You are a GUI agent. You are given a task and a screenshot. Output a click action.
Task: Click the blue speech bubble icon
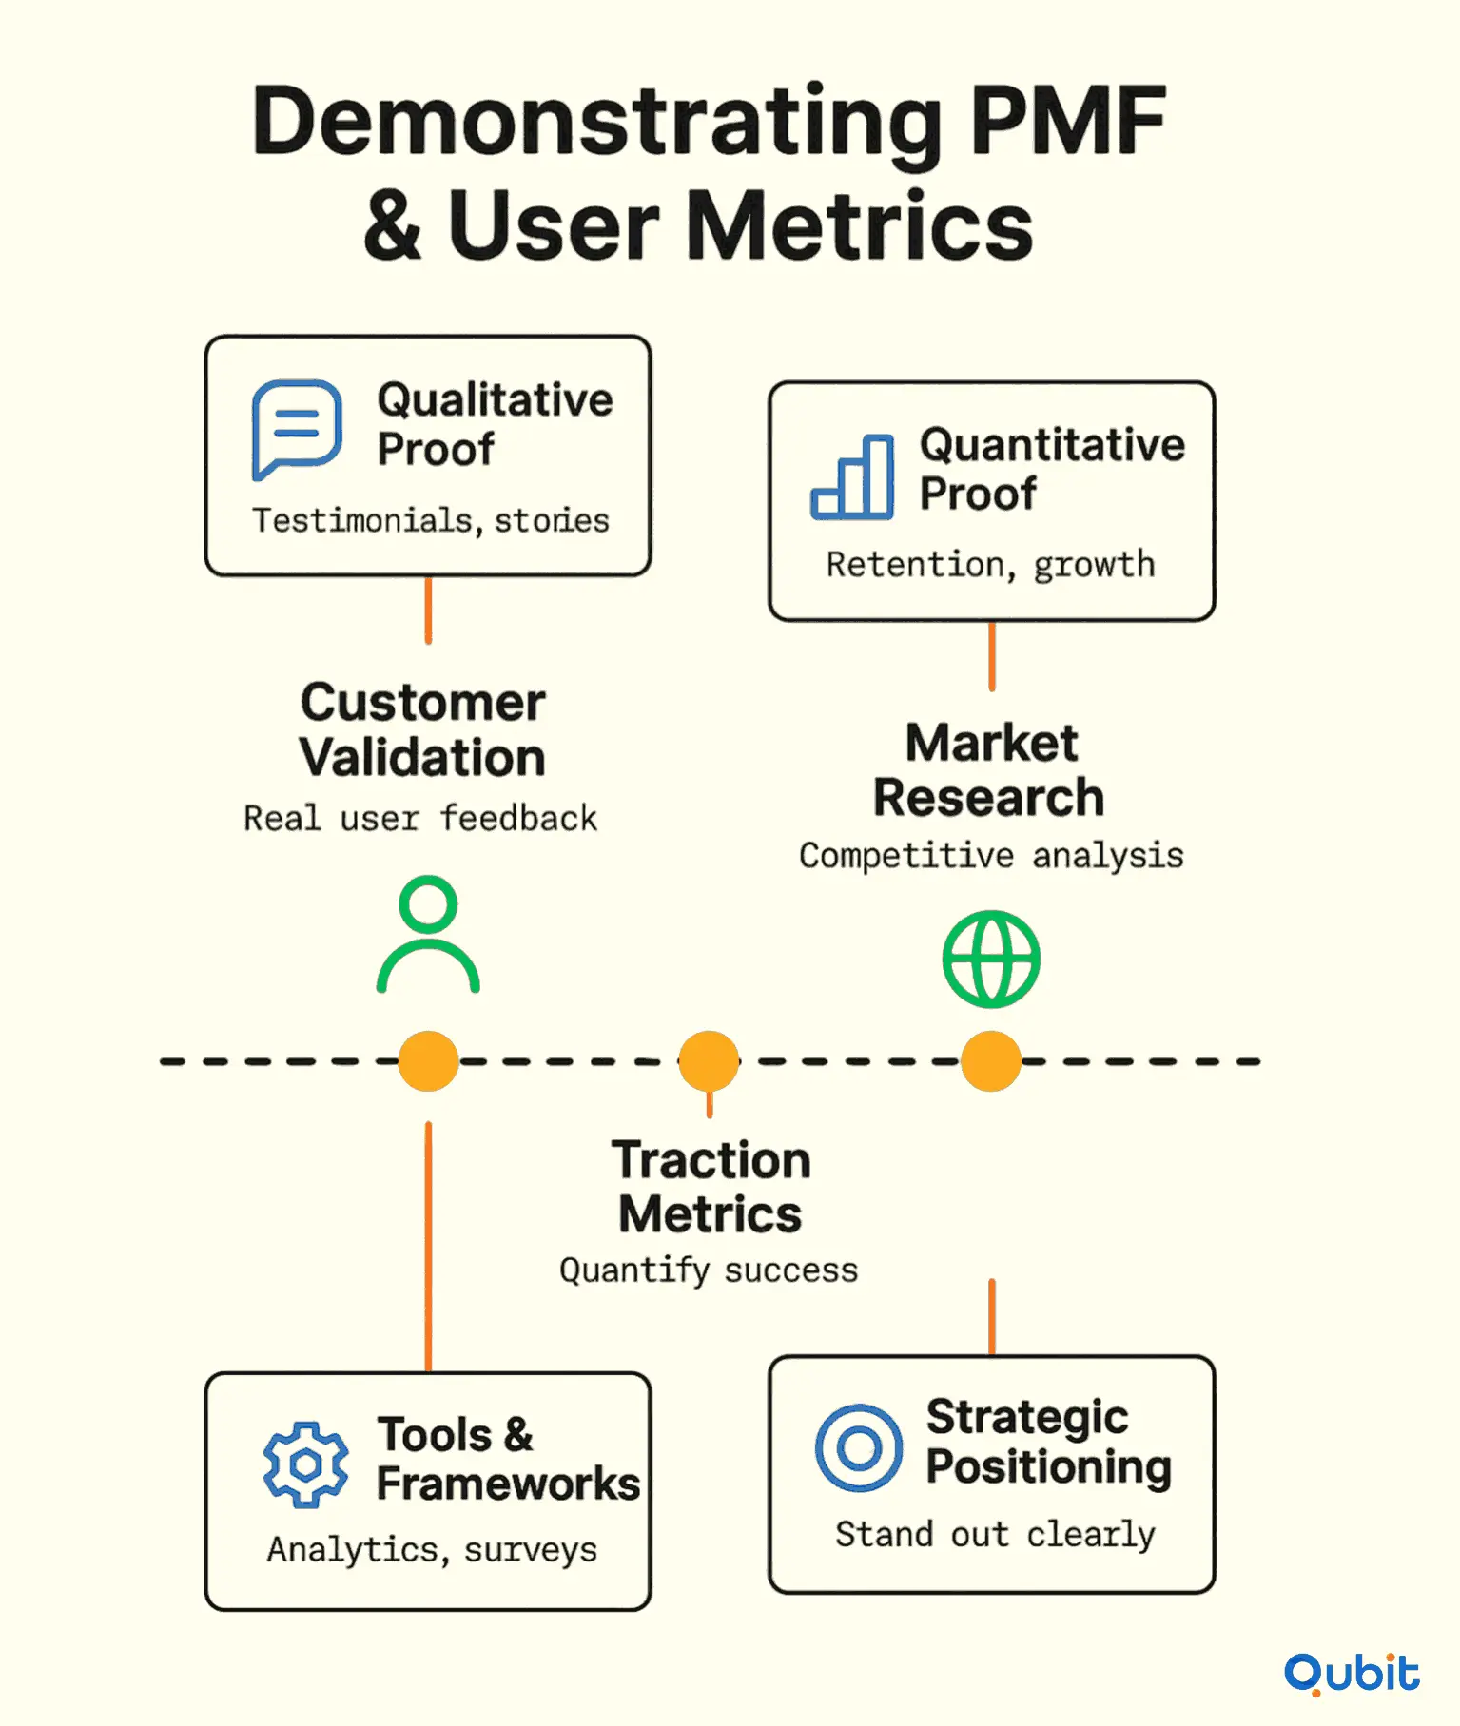(295, 427)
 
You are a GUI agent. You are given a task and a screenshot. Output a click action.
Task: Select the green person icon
(428, 934)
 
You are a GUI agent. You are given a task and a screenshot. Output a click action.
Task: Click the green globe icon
(991, 959)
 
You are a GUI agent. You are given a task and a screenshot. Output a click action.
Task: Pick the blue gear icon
(305, 1464)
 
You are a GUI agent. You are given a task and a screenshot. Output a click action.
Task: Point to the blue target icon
(859, 1447)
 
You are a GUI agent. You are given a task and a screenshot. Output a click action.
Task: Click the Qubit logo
(1352, 1674)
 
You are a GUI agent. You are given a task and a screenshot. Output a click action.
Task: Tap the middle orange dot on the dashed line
(709, 1060)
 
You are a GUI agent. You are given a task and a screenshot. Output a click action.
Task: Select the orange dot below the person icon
(428, 1060)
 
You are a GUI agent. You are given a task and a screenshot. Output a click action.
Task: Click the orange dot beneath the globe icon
(991, 1060)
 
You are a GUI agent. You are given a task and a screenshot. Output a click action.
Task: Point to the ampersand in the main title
(393, 225)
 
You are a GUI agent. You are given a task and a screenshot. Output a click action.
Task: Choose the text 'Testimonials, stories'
(431, 520)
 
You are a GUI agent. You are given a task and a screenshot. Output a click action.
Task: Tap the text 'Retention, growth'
(991, 565)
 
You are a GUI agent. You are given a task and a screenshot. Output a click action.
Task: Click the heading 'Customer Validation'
(423, 729)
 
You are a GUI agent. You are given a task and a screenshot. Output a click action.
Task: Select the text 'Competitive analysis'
(991, 856)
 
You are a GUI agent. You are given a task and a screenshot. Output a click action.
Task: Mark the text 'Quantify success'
(709, 1270)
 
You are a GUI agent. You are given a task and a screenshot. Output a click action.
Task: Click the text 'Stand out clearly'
(996, 1535)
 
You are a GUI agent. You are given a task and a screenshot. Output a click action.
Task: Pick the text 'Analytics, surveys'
(432, 1550)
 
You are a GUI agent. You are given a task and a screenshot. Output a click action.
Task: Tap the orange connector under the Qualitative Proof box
(428, 611)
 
